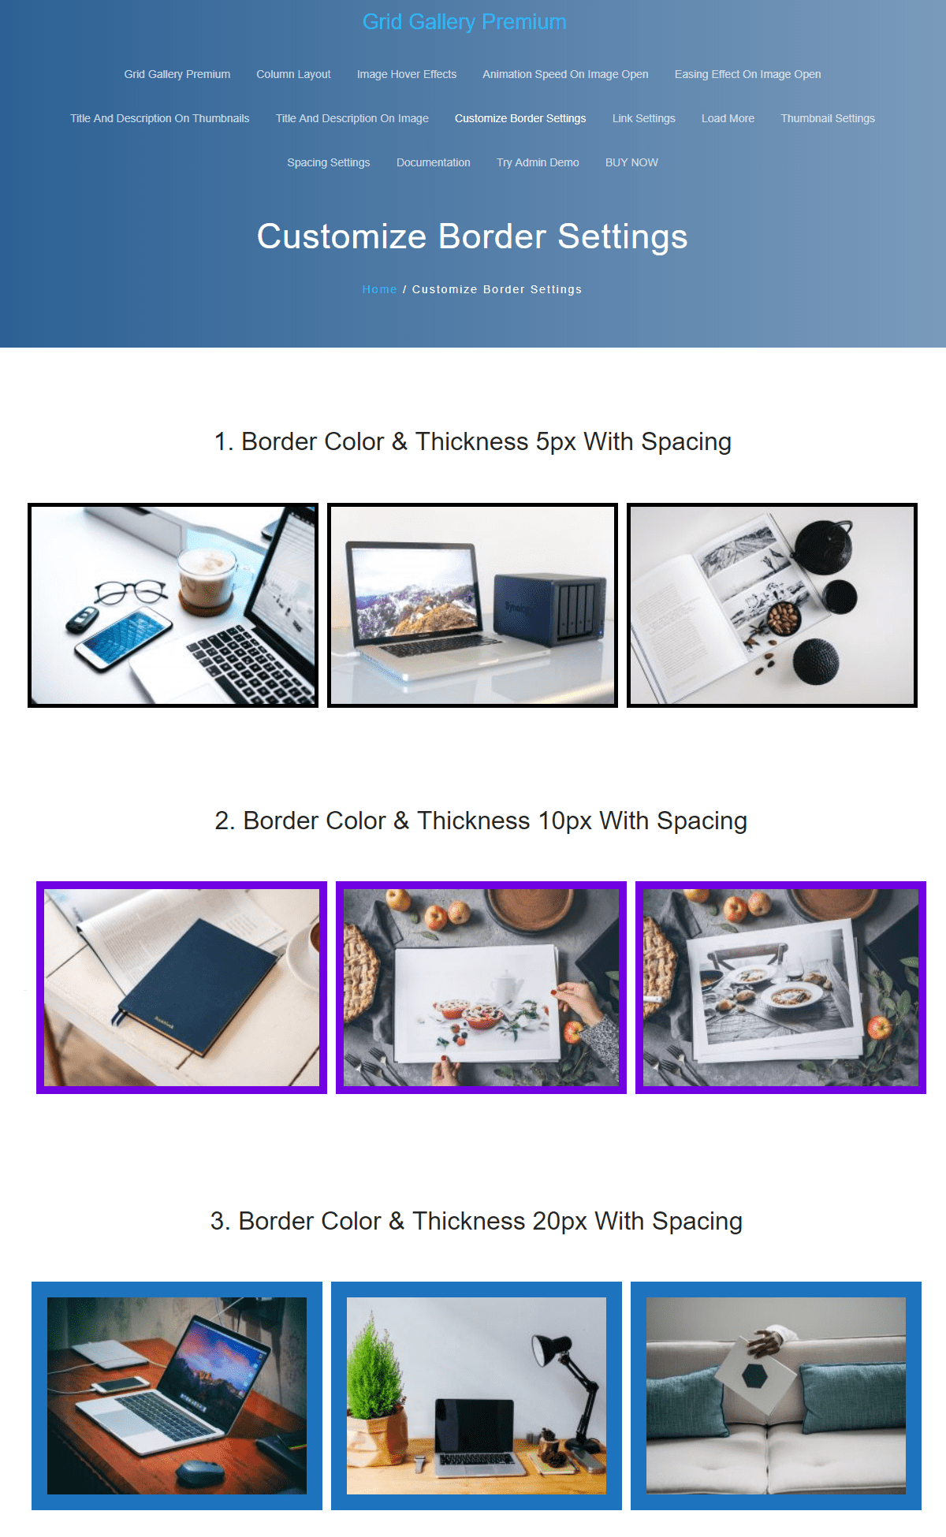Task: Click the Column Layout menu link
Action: pos(293,74)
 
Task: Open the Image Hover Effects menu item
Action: pos(407,74)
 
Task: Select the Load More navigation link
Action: pos(728,118)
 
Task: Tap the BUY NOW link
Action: pos(631,162)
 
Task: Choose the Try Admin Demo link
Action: pos(538,162)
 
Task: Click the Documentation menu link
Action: pos(434,162)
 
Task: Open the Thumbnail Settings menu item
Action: pos(828,118)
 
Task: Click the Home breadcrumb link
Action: pos(379,289)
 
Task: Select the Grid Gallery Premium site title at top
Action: pos(464,22)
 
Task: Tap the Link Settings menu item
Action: pos(644,118)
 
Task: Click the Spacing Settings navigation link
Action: pos(329,162)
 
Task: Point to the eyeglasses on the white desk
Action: pos(131,592)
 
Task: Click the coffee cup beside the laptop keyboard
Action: pos(207,579)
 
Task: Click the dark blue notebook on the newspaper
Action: pos(198,985)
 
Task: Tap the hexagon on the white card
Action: pos(755,1376)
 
